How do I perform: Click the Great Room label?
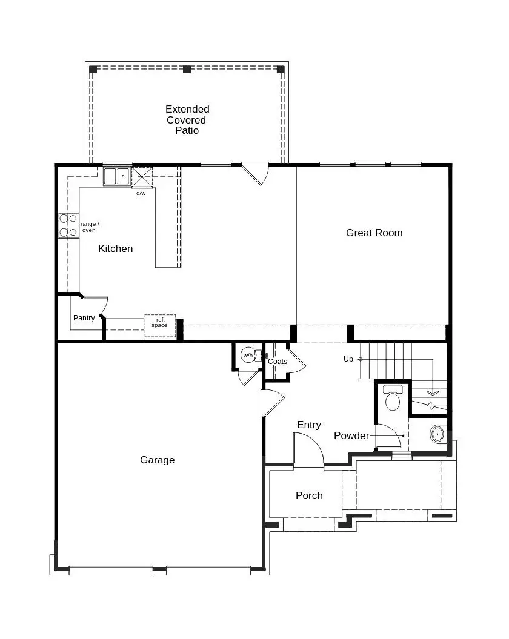click(374, 233)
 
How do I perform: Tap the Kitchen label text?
click(115, 248)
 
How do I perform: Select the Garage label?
click(157, 460)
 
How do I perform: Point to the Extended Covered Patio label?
click(187, 119)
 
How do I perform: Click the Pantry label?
click(84, 318)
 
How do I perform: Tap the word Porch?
click(309, 495)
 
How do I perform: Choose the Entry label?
click(308, 425)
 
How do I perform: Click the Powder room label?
click(351, 435)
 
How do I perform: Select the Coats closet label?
click(278, 362)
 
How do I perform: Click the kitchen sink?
click(116, 176)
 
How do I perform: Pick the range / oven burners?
click(68, 225)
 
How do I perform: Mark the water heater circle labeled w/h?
click(248, 356)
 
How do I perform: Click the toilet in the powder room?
click(393, 399)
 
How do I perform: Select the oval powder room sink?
click(438, 434)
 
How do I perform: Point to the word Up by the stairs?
click(348, 359)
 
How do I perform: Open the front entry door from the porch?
click(309, 451)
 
